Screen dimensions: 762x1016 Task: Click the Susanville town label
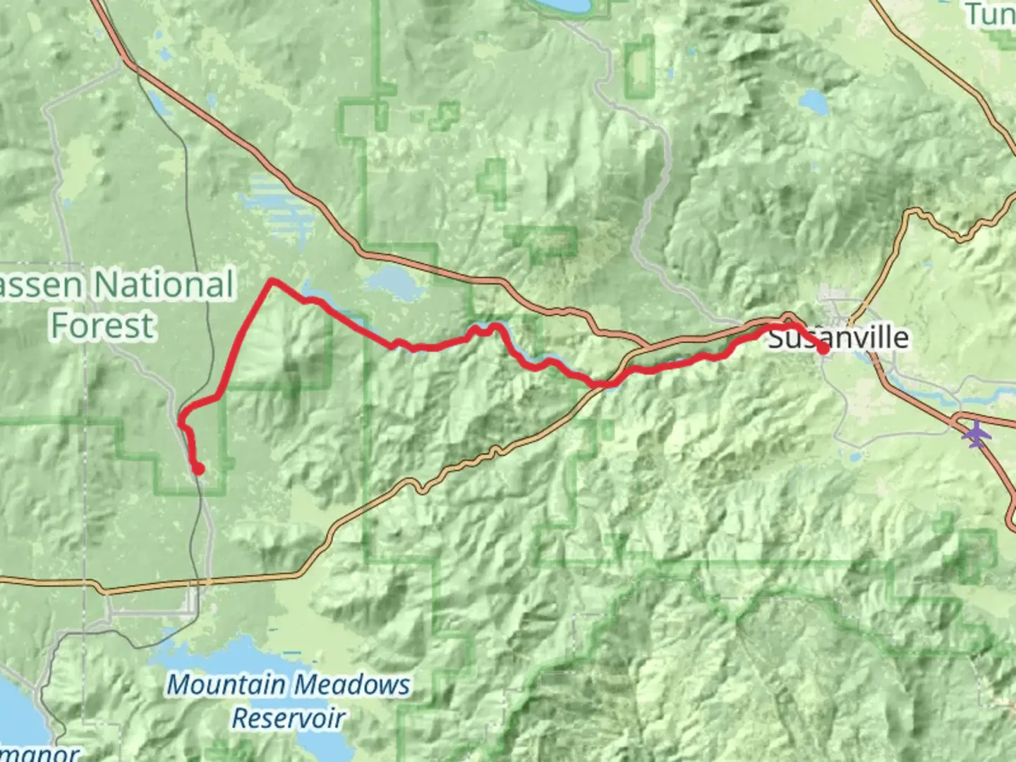tap(837, 337)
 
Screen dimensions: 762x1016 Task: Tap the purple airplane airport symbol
tap(976, 433)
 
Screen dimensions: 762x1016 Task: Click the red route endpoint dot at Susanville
tap(823, 348)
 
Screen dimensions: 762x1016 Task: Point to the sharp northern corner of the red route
tap(272, 282)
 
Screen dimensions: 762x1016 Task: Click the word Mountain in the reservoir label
tap(226, 684)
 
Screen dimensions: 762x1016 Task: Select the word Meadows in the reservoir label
tap(351, 684)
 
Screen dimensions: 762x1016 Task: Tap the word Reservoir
tap(289, 718)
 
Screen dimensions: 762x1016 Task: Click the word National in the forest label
tap(164, 285)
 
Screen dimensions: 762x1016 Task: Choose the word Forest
tap(102, 325)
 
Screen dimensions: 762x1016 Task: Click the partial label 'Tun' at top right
tap(991, 14)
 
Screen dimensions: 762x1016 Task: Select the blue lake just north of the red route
tap(392, 284)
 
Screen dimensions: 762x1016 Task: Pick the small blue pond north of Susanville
tap(814, 102)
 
